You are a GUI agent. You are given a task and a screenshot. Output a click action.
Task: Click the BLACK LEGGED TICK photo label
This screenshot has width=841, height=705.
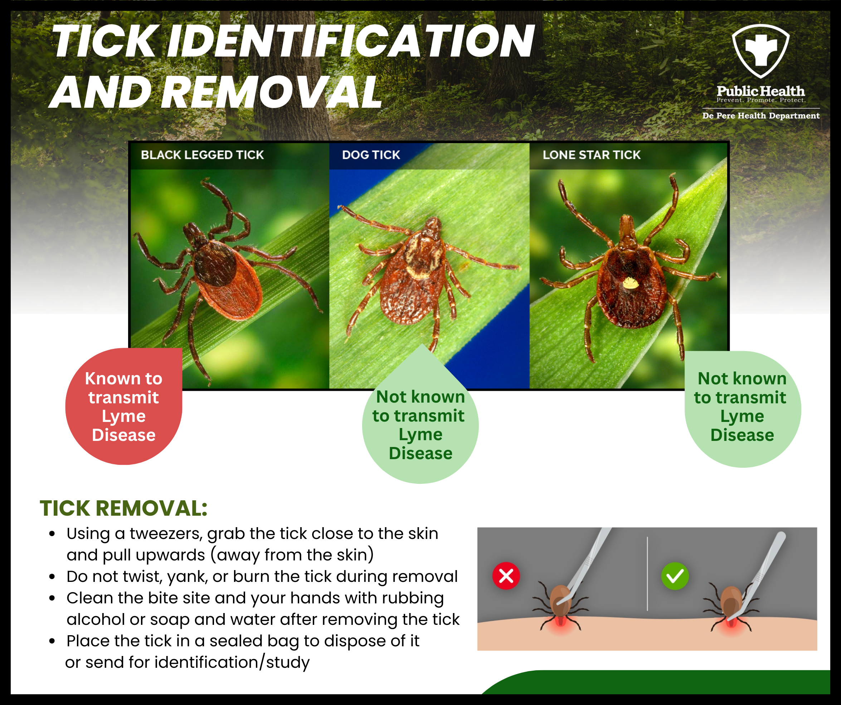(202, 155)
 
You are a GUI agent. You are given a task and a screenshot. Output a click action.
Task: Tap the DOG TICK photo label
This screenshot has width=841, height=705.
(371, 155)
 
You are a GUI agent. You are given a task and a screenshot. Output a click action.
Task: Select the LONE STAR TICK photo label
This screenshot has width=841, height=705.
(592, 155)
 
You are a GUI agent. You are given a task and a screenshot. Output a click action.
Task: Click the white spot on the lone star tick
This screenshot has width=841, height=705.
(630, 283)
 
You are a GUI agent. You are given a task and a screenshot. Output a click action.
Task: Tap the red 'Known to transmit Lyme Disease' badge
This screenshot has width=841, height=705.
(124, 407)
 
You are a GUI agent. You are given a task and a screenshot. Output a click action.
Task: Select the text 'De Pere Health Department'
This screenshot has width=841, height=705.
(760, 116)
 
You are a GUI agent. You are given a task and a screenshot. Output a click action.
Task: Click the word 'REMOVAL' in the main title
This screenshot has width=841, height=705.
(272, 93)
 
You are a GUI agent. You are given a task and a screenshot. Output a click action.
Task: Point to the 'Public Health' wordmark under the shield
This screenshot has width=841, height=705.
(760, 91)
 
